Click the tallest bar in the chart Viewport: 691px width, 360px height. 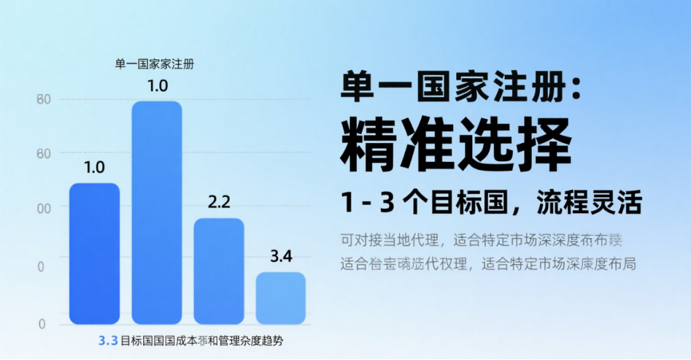point(156,212)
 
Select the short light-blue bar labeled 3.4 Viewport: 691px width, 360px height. point(281,298)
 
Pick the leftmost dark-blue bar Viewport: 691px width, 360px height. point(94,253)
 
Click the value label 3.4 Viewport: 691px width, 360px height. point(281,256)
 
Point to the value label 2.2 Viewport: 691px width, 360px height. point(219,202)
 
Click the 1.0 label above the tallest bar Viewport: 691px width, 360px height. point(157,86)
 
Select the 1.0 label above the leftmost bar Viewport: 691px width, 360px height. point(94,167)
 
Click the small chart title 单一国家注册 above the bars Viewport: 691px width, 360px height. point(154,64)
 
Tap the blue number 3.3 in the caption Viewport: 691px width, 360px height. point(108,341)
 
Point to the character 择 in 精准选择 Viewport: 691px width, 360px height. point(544,146)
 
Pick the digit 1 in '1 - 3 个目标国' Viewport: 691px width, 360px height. point(347,204)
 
